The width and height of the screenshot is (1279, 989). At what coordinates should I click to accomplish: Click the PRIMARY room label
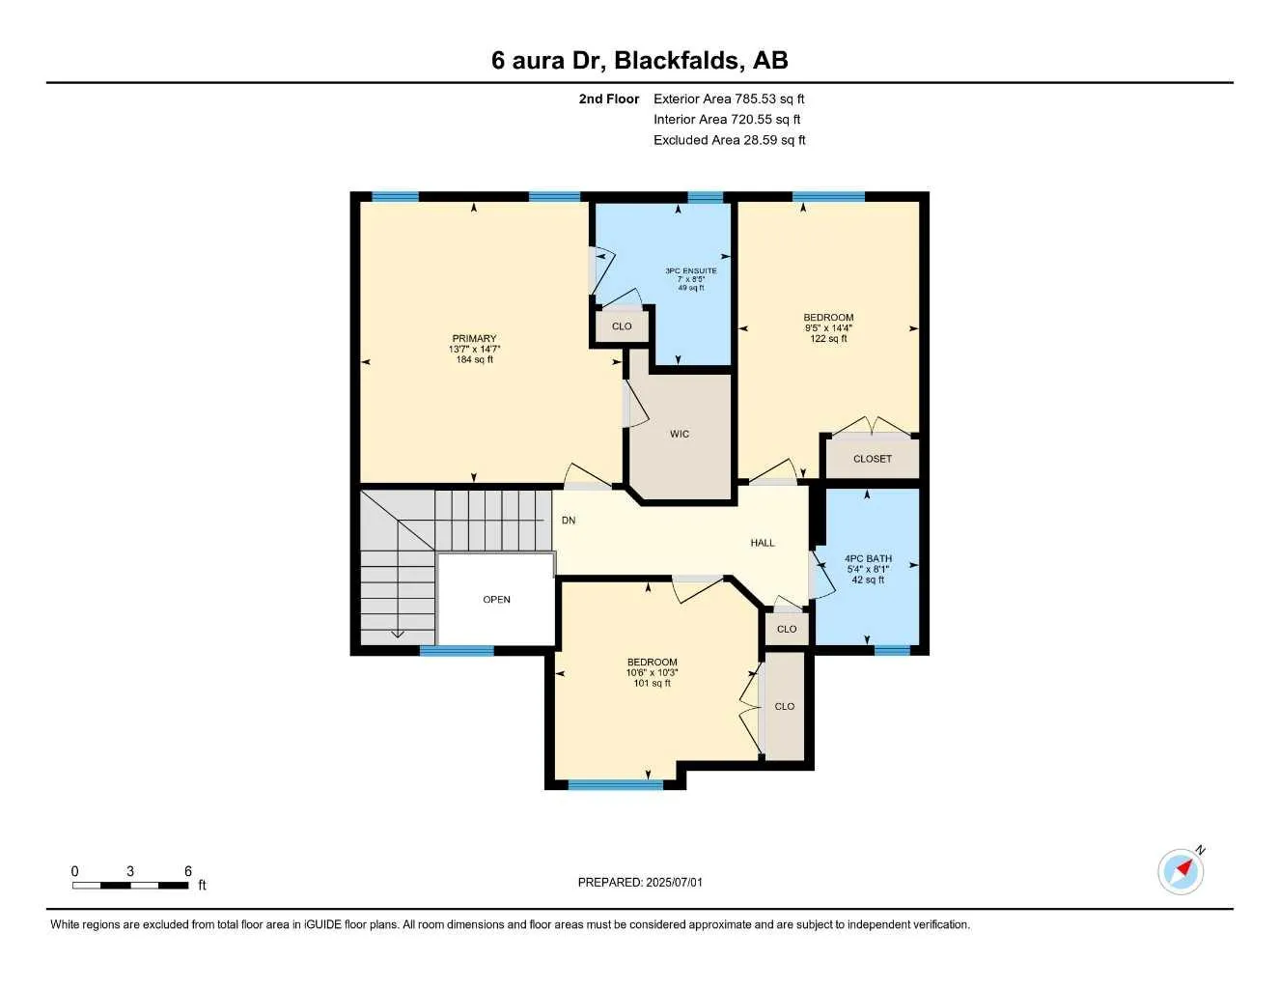[474, 339]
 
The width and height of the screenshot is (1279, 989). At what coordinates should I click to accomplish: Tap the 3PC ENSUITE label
[691, 271]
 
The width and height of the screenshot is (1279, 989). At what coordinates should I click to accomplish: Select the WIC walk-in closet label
[680, 435]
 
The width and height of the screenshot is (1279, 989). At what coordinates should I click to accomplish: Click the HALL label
[763, 543]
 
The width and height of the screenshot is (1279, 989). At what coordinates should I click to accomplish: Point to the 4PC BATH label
[868, 559]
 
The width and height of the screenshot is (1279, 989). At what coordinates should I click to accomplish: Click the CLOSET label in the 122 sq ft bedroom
[873, 459]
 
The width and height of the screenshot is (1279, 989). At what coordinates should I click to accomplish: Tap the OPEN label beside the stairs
[496, 600]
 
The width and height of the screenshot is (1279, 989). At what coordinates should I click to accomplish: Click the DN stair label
[569, 521]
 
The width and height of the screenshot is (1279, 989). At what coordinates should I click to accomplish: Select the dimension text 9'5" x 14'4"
[828, 328]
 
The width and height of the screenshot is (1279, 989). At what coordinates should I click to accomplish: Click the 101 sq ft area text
[652, 684]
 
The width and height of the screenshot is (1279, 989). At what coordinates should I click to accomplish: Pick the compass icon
[1181, 871]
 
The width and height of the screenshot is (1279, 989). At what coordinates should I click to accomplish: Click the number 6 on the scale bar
[188, 871]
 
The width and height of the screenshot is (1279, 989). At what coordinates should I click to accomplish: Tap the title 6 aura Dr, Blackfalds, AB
[639, 61]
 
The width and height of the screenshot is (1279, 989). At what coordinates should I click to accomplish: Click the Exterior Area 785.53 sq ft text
[729, 99]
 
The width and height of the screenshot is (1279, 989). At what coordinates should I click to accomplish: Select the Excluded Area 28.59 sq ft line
[729, 140]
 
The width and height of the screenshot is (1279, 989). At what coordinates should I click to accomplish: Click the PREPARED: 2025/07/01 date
[640, 883]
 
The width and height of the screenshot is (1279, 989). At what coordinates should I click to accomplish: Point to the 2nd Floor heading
[609, 99]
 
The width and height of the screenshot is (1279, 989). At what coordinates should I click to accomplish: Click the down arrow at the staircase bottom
[398, 634]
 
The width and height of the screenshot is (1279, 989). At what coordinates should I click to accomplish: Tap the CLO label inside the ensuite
[622, 326]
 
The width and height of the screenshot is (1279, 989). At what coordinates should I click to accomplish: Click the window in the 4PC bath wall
[892, 650]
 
